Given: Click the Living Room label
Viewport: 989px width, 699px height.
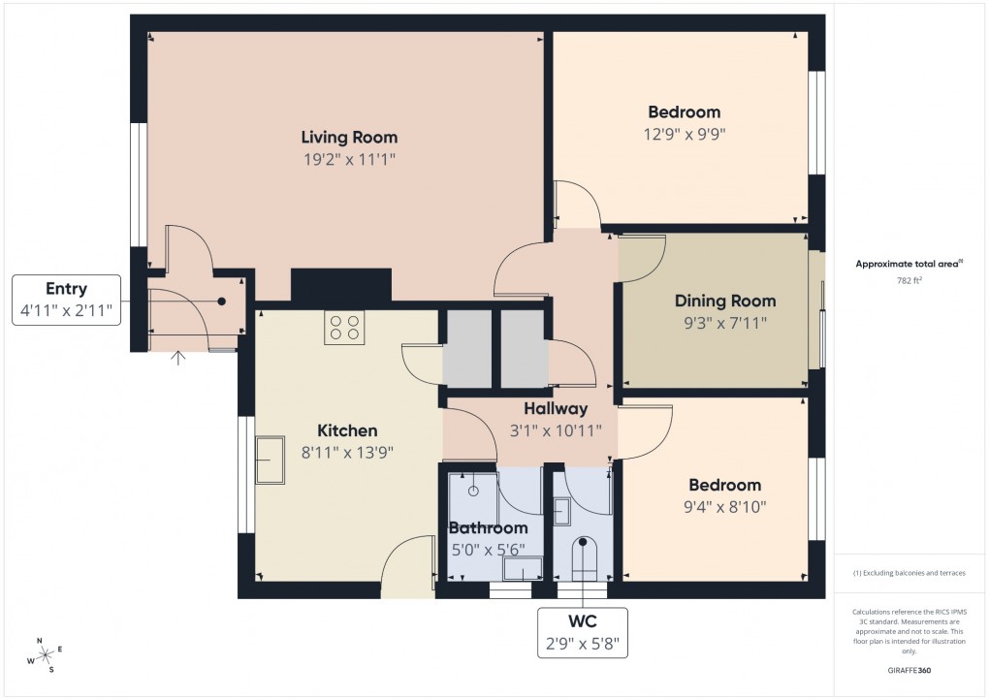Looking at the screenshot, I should point(349,137).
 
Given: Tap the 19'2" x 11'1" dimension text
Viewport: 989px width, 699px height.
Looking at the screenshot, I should point(349,159).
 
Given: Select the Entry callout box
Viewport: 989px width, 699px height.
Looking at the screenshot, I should point(66,300).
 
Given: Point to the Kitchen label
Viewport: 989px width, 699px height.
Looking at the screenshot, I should point(347,430).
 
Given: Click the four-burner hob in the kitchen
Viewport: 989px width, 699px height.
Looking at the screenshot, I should point(343,328).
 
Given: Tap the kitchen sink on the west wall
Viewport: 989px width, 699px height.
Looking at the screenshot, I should point(271,460).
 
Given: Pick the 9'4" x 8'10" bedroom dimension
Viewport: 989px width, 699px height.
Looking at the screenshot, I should point(724,506).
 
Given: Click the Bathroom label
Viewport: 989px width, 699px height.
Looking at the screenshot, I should point(489,528).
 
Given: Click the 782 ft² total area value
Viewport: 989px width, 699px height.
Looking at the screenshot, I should point(909,280).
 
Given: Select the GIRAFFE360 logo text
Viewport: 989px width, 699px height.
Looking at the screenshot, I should point(909,670).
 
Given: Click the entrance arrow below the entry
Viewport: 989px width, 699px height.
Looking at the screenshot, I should point(178,359).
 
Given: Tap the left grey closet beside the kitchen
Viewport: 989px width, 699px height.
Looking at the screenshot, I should point(467,349).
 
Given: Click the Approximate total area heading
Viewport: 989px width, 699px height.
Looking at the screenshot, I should point(909,264).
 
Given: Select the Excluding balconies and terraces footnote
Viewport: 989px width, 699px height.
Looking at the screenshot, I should point(909,573).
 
